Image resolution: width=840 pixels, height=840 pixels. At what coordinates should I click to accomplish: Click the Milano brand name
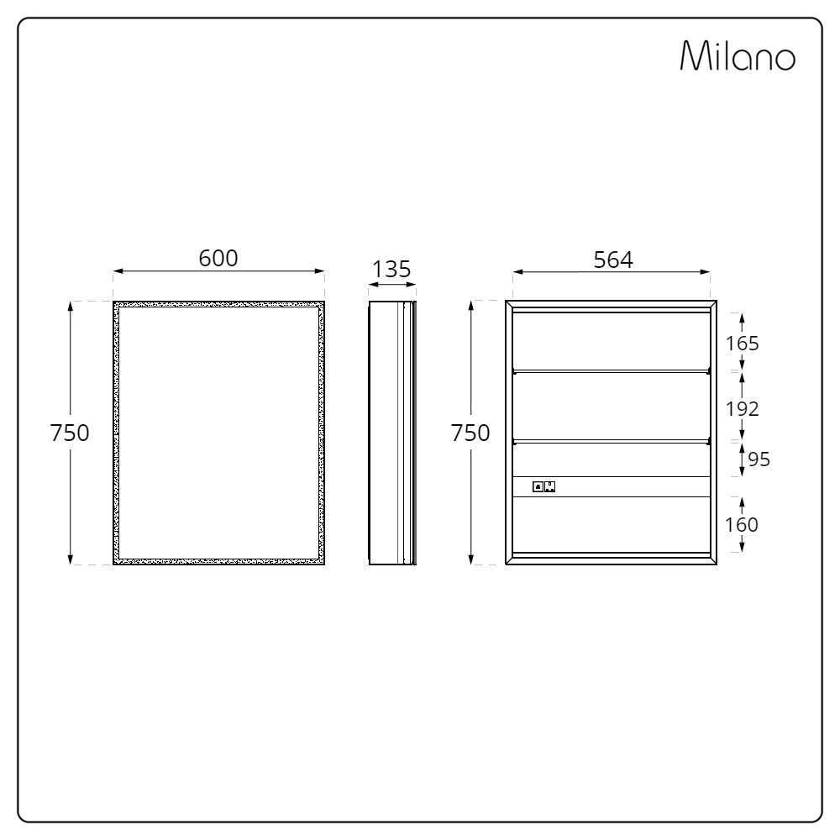pos(738,55)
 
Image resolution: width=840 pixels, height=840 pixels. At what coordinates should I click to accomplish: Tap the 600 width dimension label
pos(218,258)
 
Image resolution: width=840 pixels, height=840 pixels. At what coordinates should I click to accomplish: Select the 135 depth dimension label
pos(391,269)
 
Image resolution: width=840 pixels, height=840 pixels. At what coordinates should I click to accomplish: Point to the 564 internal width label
pos(613,260)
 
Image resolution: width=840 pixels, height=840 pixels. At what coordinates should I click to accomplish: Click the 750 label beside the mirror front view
pos(70,433)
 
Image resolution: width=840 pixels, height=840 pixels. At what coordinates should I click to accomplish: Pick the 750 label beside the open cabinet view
pos(470,433)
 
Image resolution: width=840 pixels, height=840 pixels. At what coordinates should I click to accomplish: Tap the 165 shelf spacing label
pos(742,344)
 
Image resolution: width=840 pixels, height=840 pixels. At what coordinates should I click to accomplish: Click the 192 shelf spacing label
pos(742,409)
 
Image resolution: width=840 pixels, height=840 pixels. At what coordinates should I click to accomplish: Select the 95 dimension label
pos(759,459)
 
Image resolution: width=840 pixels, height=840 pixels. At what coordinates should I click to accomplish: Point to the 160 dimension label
pos(742,524)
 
